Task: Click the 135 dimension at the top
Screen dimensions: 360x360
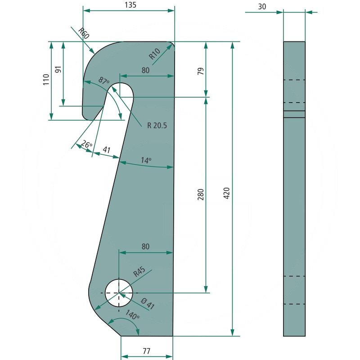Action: [x=130, y=5]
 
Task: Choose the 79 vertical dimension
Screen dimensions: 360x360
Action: [x=201, y=71]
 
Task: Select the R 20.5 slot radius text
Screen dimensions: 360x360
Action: [x=157, y=125]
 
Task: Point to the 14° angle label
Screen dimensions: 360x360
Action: [x=146, y=160]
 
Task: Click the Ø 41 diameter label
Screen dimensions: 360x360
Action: [x=148, y=305]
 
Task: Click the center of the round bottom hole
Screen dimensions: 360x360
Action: [x=119, y=292]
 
